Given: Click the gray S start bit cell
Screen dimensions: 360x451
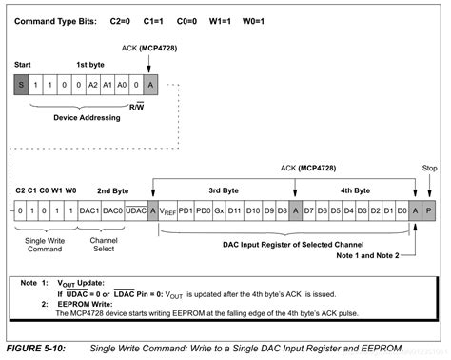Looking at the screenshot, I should coord(21,84).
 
